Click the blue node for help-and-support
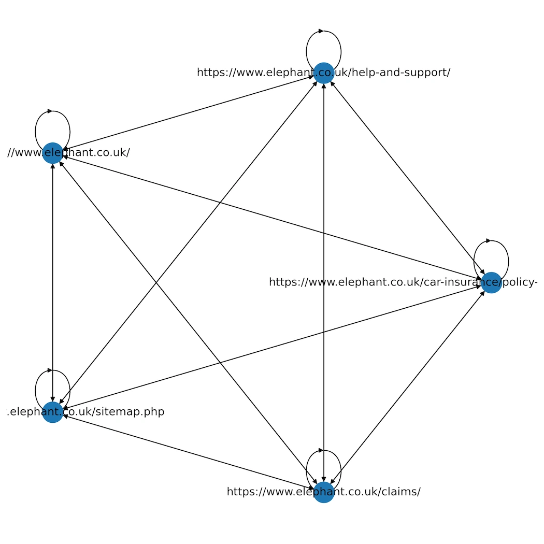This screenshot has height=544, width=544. [x=324, y=73]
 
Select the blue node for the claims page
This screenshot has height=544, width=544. [x=324, y=492]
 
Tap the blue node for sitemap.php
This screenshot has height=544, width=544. [x=52, y=412]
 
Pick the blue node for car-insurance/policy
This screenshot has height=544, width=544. [x=491, y=282]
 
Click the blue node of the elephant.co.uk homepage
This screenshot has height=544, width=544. [x=52, y=153]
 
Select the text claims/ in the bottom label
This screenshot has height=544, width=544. [x=402, y=492]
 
